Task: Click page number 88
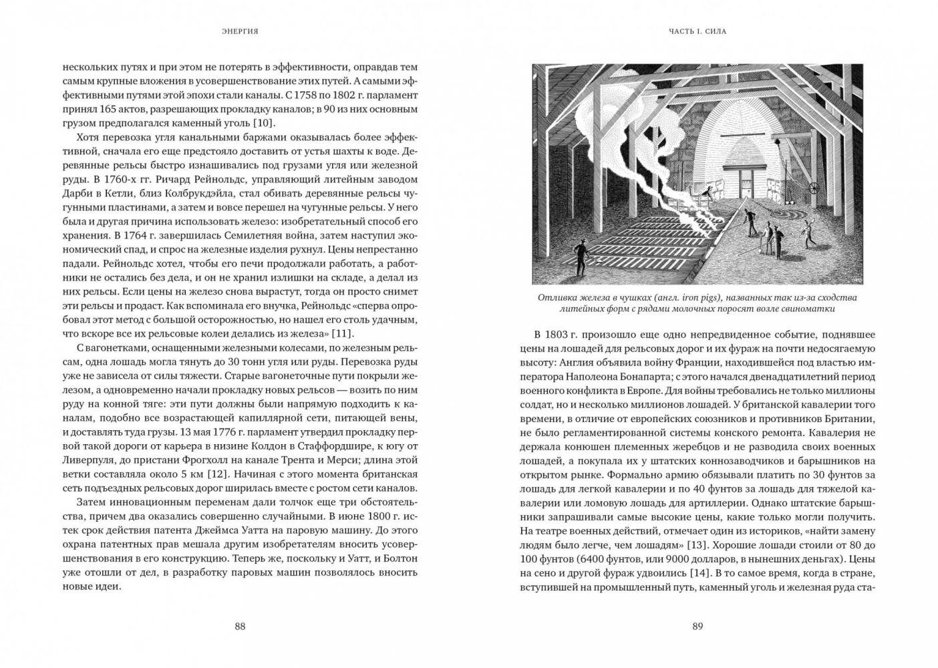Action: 240,626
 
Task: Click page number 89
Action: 697,626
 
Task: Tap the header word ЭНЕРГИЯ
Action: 240,31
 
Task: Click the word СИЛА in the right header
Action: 715,31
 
